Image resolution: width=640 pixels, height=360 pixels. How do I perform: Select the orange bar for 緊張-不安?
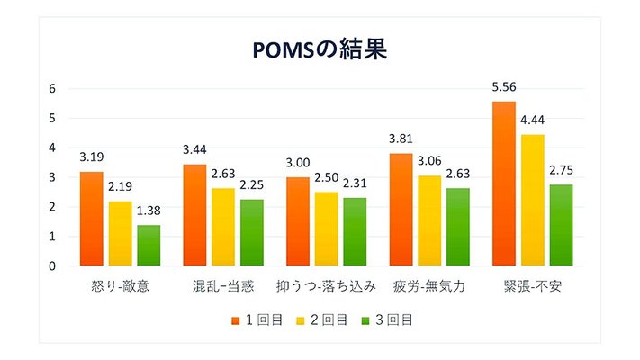click(504, 184)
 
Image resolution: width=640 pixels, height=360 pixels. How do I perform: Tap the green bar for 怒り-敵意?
click(149, 245)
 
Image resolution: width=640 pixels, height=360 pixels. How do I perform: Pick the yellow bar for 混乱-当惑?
click(223, 227)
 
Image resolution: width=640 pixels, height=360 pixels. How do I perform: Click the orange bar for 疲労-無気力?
click(401, 209)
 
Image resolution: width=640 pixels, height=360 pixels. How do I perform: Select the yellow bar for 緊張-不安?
click(532, 200)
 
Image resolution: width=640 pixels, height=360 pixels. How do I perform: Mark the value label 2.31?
click(355, 186)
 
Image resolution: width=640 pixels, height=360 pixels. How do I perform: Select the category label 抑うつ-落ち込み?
click(326, 287)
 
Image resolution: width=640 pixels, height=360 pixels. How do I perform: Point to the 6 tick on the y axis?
click(52, 88)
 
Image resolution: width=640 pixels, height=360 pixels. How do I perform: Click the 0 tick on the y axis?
click(52, 265)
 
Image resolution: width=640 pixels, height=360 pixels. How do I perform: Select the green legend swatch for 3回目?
click(365, 319)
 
